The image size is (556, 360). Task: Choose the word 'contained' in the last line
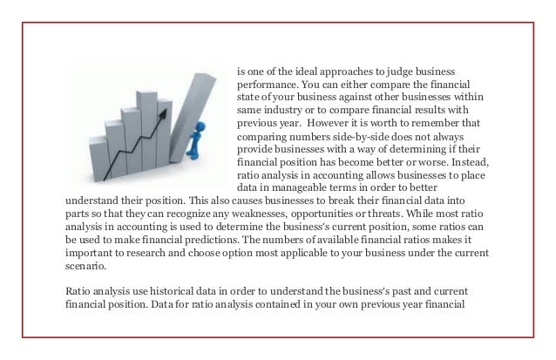click(280, 307)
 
